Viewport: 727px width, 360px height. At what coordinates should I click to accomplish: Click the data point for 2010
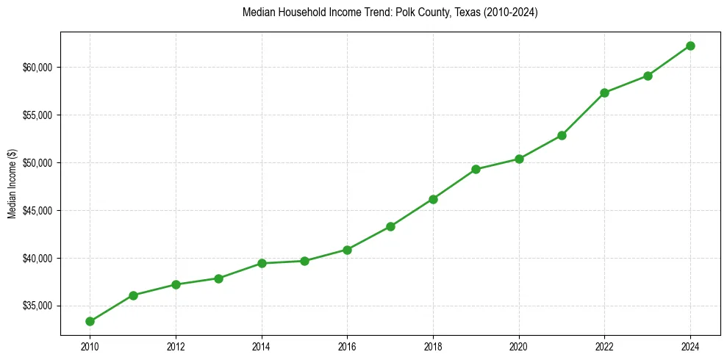pyautogui.click(x=90, y=321)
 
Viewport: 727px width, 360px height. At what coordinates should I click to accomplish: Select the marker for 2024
pyautogui.click(x=690, y=46)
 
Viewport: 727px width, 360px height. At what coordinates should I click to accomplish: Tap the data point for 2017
pyautogui.click(x=390, y=226)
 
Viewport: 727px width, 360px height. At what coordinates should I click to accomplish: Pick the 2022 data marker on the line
pyautogui.click(x=604, y=93)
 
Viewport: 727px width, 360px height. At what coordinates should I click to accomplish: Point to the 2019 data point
pyautogui.click(x=476, y=169)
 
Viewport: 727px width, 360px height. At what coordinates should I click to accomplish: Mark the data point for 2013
pyautogui.click(x=218, y=278)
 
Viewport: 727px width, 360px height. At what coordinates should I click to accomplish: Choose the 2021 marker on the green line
pyautogui.click(x=562, y=135)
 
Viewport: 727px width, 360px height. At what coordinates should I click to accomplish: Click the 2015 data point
pyautogui.click(x=304, y=261)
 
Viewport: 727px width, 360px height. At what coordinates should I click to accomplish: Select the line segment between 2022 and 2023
pyautogui.click(x=626, y=84)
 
